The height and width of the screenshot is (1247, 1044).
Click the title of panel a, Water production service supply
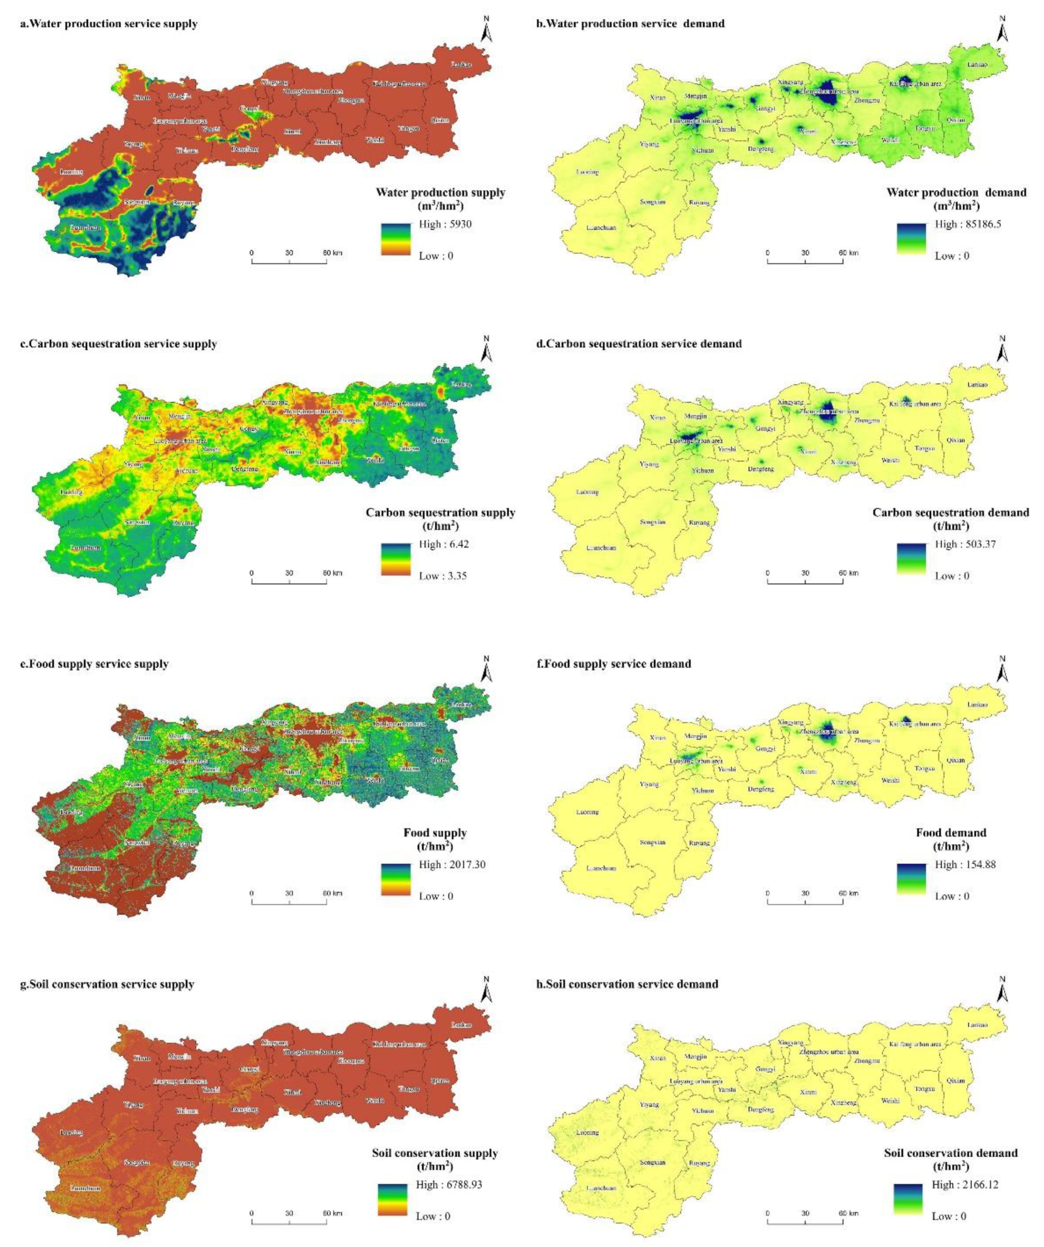coord(109,24)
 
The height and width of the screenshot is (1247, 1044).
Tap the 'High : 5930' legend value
coord(445,225)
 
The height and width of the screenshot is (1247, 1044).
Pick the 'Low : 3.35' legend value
coord(442,576)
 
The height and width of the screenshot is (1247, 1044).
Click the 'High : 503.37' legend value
coord(965,545)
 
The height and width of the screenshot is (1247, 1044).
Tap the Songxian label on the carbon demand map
coord(653,522)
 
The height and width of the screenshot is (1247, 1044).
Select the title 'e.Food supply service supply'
coord(95,664)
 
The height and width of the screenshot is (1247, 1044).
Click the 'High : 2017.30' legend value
coord(451,865)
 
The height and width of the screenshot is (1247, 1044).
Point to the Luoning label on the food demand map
coord(587,812)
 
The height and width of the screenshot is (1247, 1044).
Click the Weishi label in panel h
coord(890,1100)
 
